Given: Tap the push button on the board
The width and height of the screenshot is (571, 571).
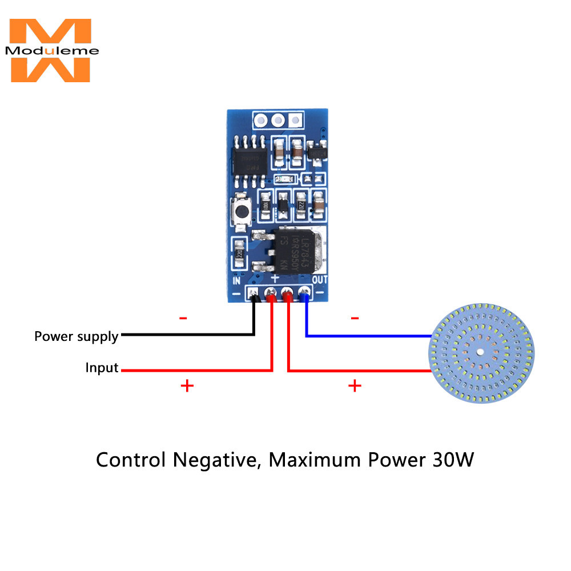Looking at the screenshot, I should click(242, 211).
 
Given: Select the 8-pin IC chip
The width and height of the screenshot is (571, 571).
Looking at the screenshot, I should click(249, 159).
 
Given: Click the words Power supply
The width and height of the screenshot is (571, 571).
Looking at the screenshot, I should click(76, 336).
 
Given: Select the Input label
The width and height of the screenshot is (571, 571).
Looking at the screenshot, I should click(102, 368).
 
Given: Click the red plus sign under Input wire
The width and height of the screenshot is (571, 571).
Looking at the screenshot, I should click(187, 387).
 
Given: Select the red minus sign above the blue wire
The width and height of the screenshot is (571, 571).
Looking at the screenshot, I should click(355, 317).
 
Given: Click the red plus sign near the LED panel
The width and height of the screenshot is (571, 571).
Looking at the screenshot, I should click(355, 387).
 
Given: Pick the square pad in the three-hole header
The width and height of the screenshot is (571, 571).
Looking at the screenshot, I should click(295, 120).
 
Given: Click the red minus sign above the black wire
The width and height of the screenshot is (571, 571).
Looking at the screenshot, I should click(183, 317).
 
